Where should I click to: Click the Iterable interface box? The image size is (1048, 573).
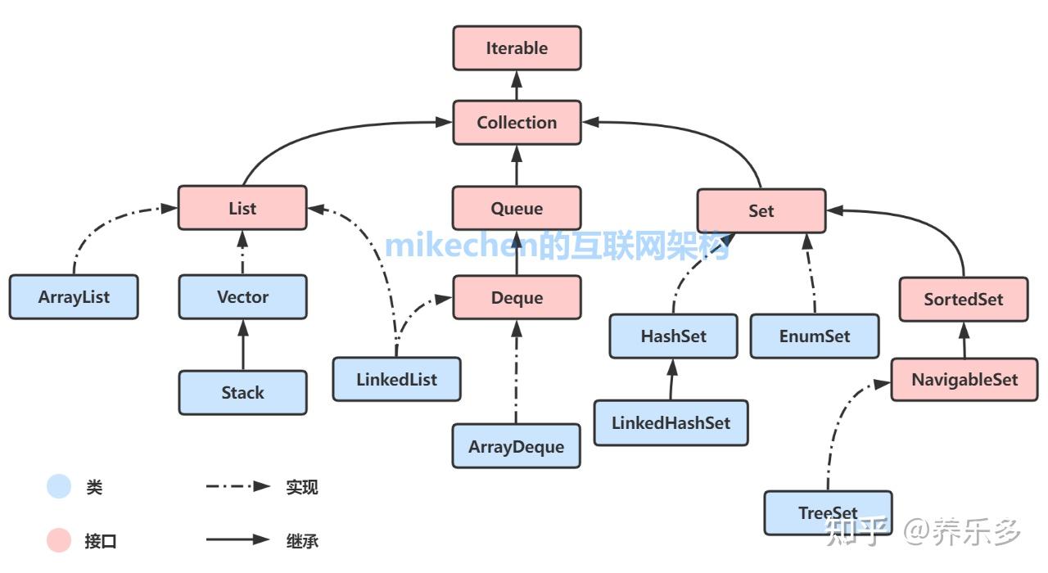[517, 48]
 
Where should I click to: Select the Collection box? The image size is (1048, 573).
[517, 123]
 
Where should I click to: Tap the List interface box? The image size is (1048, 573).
[242, 208]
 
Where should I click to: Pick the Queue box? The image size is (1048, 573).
[517, 208]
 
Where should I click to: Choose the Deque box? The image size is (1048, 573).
[517, 297]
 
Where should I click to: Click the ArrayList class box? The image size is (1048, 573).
[74, 297]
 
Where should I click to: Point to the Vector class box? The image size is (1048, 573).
[243, 297]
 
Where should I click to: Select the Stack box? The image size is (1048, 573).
[243, 392]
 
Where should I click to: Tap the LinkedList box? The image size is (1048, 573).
[397, 379]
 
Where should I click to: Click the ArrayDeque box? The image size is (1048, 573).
[517, 446]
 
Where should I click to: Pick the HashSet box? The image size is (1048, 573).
[674, 336]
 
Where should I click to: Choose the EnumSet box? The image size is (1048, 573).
[815, 336]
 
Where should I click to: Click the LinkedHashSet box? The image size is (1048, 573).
[671, 423]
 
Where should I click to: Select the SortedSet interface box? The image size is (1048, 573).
[964, 300]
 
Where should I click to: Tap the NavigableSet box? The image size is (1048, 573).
[964, 379]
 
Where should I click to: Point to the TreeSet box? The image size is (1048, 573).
[828, 513]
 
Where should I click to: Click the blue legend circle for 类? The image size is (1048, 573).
[59, 486]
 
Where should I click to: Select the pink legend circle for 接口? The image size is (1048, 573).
[59, 540]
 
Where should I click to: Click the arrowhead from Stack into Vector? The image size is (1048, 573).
[243, 328]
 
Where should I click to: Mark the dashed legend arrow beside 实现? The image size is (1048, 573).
[237, 486]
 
